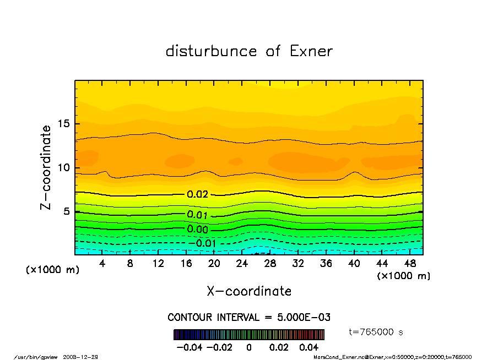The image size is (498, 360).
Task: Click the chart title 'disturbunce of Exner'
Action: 249,52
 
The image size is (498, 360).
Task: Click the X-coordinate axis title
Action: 249,291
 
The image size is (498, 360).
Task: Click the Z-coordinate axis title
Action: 46,167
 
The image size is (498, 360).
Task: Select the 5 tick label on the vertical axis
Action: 66,211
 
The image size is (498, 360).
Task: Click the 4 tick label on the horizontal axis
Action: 102,264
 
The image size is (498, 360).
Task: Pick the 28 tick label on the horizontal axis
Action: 270,264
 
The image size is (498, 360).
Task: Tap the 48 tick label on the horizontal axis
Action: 410,264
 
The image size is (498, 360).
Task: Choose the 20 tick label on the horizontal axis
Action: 214,264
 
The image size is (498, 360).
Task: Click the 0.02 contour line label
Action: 198,194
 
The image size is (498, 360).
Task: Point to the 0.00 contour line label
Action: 198,229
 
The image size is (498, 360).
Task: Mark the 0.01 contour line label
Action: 198,215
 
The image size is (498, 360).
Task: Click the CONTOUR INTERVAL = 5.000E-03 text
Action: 249,318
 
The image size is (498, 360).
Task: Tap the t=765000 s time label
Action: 376,332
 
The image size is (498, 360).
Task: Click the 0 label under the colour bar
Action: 249,348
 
